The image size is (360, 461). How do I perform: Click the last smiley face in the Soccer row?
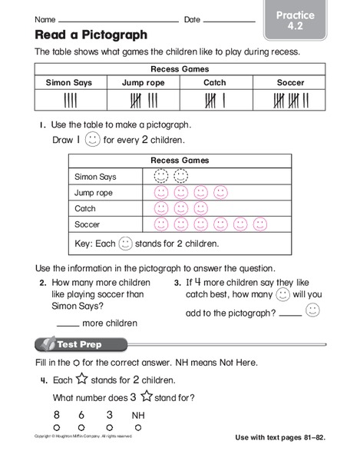259,224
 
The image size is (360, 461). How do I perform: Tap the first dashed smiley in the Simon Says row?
161,176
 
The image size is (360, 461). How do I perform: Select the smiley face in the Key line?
126,244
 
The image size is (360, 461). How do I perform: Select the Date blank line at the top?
228,20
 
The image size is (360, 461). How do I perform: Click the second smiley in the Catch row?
181,208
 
